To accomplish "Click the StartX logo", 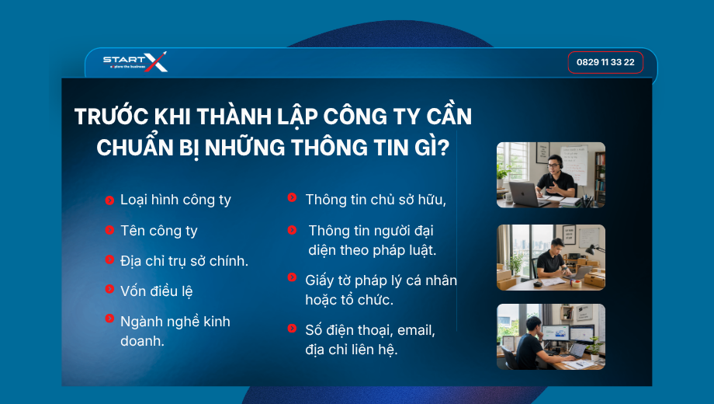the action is [x=135, y=61].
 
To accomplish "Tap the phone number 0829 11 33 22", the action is [x=605, y=62].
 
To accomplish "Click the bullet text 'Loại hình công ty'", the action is [x=175, y=200].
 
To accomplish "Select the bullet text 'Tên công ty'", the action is [x=158, y=231].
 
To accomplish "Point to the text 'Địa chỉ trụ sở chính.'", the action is [x=184, y=261].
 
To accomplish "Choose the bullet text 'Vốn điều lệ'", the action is [x=156, y=291].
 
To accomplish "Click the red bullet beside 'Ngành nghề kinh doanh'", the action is [x=109, y=319].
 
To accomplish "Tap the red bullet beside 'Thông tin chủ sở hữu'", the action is [x=293, y=197].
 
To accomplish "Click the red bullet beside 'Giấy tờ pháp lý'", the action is [x=293, y=277].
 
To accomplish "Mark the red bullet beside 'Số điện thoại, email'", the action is [x=293, y=328].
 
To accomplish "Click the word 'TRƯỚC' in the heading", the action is [x=112, y=117].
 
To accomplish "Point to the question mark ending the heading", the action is [x=444, y=148].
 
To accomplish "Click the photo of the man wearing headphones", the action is [x=550, y=175].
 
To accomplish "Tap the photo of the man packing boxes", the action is [x=550, y=257].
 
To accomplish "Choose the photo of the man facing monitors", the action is [x=550, y=336].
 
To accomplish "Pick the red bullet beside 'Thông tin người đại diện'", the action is [x=293, y=230].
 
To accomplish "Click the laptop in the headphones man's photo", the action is [x=524, y=193].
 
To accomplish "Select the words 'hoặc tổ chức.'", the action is [x=348, y=300].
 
